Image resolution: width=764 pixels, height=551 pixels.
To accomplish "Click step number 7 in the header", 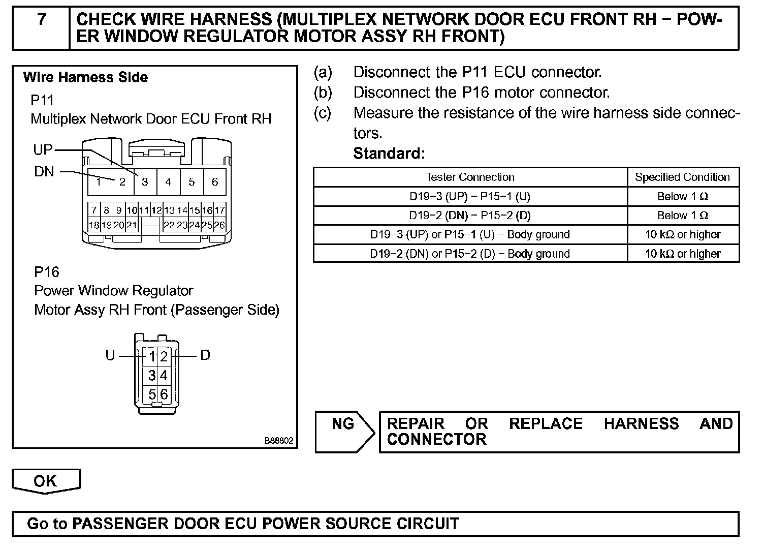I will [42, 20].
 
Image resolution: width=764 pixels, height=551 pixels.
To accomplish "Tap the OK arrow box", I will [46, 481].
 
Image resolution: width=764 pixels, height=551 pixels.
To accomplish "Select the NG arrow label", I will [343, 423].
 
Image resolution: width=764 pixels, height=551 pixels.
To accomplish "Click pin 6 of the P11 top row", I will [215, 182].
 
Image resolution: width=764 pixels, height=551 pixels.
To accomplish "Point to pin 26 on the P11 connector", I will [219, 225].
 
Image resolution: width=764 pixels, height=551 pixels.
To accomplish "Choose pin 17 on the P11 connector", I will [219, 210].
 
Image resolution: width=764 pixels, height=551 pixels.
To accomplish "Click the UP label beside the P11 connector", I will [43, 149].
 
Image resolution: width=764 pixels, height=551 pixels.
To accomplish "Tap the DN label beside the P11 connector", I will [44, 172].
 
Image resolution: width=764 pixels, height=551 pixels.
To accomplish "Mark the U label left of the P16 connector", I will [110, 355].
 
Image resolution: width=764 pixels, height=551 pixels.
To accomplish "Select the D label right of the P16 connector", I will [205, 355].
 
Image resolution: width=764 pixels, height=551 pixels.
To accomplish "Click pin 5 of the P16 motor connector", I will [151, 394].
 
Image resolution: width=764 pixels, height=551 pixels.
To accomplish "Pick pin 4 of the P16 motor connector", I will [164, 376].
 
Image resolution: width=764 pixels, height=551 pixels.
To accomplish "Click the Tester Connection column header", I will [470, 177].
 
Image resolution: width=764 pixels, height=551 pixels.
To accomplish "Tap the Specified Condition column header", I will [682, 177].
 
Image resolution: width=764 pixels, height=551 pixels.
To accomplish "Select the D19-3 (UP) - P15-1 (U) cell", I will [470, 196].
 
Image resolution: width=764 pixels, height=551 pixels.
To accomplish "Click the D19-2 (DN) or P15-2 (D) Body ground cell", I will [470, 254].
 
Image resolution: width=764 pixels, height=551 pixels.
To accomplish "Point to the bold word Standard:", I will [389, 153].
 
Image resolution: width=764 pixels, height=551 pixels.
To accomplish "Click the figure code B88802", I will [278, 441].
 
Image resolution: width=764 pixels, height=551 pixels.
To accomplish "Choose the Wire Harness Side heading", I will [85, 77].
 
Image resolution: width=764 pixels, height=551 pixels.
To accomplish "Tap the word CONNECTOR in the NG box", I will [436, 439].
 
